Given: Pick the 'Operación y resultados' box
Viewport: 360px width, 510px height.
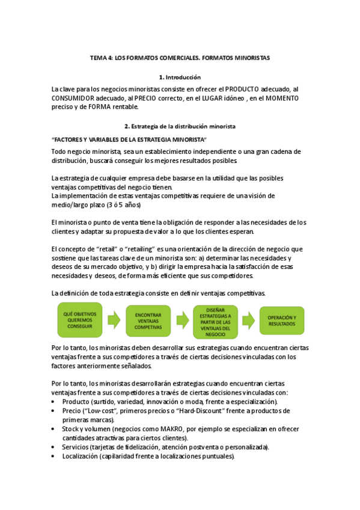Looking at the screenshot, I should pyautogui.click(x=282, y=320).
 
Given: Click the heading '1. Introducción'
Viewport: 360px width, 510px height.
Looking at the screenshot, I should pyautogui.click(x=180, y=78).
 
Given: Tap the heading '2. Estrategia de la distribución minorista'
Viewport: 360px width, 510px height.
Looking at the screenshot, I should pyautogui.click(x=180, y=127).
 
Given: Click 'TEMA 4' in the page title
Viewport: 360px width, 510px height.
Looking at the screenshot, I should pyautogui.click(x=100, y=58).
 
